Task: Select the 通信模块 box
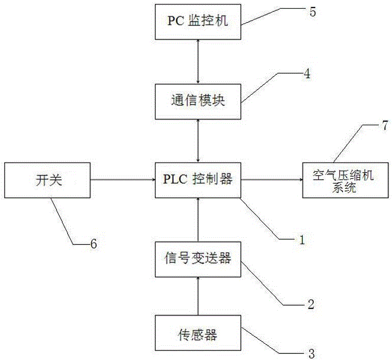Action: tap(198, 101)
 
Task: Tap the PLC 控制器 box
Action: tap(198, 179)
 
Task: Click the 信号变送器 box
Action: tap(198, 259)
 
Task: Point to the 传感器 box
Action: tap(198, 334)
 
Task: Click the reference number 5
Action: tap(312, 12)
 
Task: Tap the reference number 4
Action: tap(306, 73)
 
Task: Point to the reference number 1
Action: tap(301, 238)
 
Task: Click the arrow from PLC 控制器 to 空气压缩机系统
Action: tap(271, 179)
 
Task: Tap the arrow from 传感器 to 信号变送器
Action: tap(198, 296)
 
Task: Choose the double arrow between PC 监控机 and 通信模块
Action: tap(198, 62)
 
